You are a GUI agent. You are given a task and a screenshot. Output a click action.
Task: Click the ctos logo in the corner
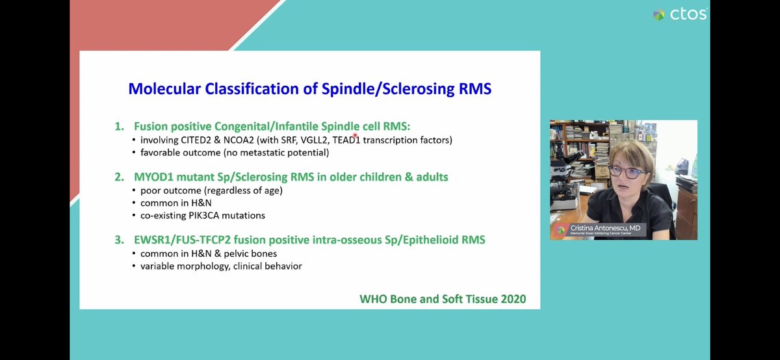tap(679, 14)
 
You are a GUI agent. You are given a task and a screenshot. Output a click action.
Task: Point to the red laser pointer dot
tap(355, 135)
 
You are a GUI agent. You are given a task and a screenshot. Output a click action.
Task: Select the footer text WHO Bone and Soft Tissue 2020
tap(442, 299)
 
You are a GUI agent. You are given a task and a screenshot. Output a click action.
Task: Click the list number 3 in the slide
tap(119, 240)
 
